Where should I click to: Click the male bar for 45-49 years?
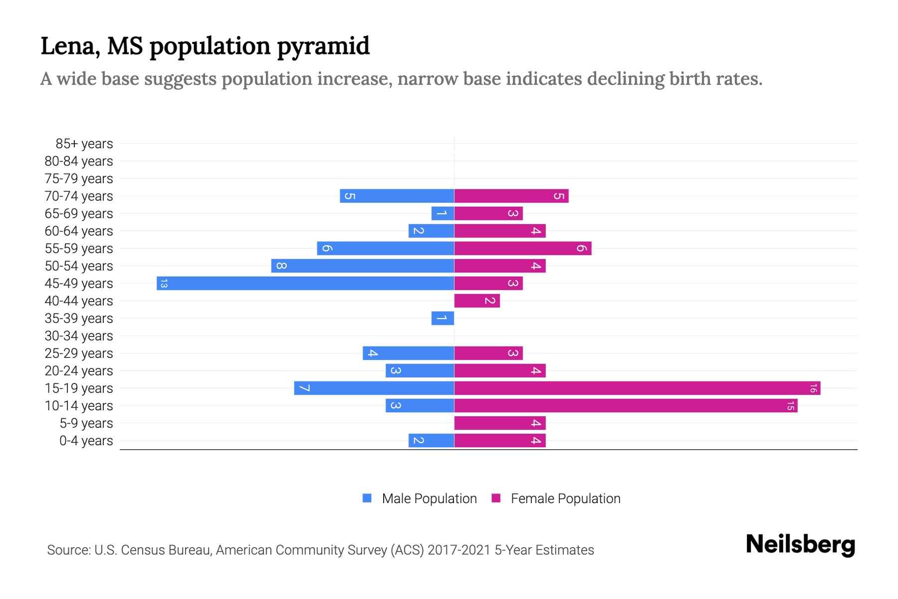tap(305, 283)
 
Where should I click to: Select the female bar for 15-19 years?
tap(637, 388)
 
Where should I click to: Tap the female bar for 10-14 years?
tap(626, 405)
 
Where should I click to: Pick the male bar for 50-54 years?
tap(363, 266)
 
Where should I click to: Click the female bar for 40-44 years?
tap(477, 300)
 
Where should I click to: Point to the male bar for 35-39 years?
tap(443, 318)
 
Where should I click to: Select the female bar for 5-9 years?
tap(500, 423)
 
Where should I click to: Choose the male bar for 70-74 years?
tap(397, 196)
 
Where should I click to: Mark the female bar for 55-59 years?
tap(523, 248)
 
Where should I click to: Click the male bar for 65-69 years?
tap(443, 213)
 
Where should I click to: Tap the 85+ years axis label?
tap(84, 144)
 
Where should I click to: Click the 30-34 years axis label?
tap(79, 336)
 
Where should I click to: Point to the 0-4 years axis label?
tap(86, 441)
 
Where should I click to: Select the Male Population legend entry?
tap(429, 499)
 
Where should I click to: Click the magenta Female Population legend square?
tap(496, 498)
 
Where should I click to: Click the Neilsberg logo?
tap(800, 545)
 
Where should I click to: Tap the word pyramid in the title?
tap(323, 46)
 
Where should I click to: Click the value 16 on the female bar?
tap(813, 388)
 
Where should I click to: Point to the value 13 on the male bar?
tap(164, 284)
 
